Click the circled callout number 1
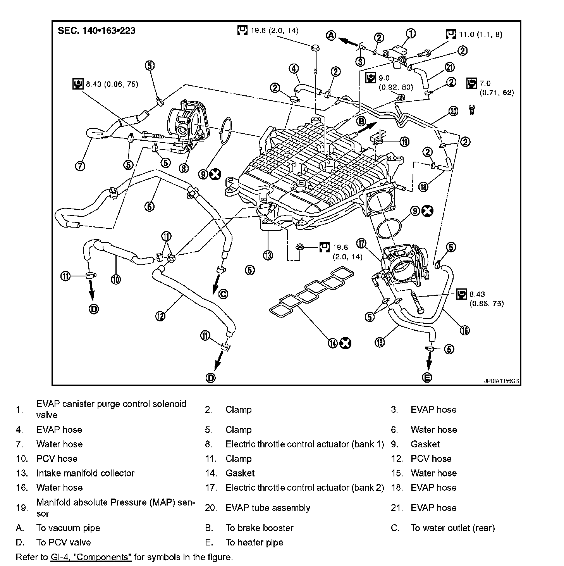tap(411, 33)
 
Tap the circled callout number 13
tap(268, 255)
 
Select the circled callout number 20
tap(453, 111)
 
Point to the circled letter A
tap(331, 36)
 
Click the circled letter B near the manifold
tap(361, 122)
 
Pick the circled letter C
tap(223, 294)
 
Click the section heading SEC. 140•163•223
tap(97, 31)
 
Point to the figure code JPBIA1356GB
tap(501, 381)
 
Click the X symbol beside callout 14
tap(345, 343)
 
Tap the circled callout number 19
tap(404, 142)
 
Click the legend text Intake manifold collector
tap(85, 473)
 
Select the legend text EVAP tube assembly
tap(268, 508)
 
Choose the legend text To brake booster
tap(259, 528)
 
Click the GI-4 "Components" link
tap(91, 557)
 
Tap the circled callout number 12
tap(160, 316)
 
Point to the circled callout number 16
tap(464, 330)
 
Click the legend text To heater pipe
tap(254, 542)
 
